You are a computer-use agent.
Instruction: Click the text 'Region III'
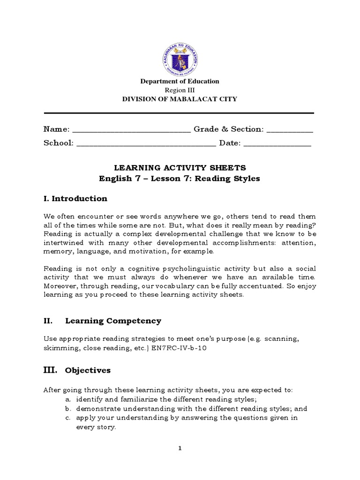click(180, 90)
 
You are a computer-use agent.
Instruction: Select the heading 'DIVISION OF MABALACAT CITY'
click(180, 99)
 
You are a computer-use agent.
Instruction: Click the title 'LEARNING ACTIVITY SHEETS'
click(180, 167)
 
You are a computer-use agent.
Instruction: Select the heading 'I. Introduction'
click(75, 199)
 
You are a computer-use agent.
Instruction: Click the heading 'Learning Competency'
click(113, 321)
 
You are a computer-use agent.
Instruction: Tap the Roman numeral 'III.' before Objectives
click(50, 370)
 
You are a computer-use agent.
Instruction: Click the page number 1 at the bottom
click(180, 448)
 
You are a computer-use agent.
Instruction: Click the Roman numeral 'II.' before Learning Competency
click(47, 321)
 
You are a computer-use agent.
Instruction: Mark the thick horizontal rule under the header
click(179, 113)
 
